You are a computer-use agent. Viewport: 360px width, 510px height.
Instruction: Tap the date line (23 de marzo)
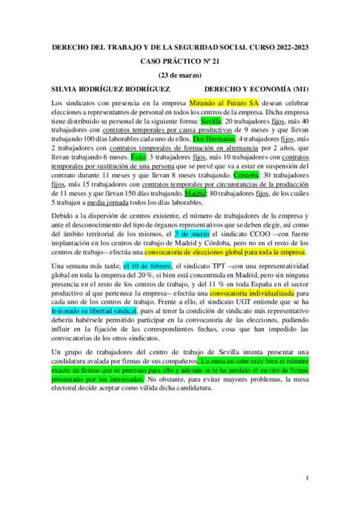tap(180, 75)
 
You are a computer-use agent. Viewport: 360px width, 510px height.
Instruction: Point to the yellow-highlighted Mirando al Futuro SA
tap(224, 103)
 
